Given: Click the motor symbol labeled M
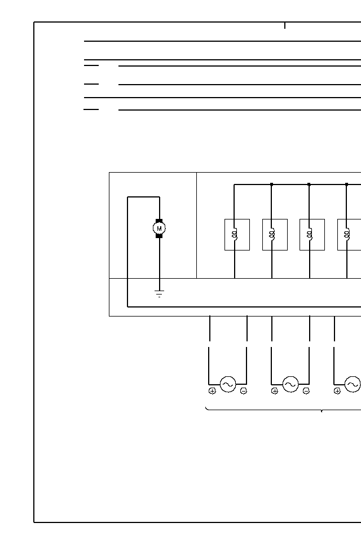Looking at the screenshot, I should click(x=159, y=228).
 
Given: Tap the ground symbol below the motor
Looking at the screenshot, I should click(x=159, y=293).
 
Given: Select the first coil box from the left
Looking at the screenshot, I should click(x=237, y=234).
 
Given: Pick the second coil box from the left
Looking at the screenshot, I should click(x=275, y=234).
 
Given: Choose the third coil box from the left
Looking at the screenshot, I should click(x=312, y=234).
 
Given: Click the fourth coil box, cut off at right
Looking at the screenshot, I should click(x=349, y=234).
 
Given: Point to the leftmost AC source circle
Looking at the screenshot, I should click(x=228, y=384).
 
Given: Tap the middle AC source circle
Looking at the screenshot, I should click(x=290, y=384).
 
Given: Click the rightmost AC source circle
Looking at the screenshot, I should click(x=353, y=384).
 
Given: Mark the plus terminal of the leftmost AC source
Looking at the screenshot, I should click(x=212, y=391).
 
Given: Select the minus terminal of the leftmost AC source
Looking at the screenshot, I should click(x=243, y=391).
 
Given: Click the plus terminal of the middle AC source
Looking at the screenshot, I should click(x=275, y=391).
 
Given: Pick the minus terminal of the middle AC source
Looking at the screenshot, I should click(x=306, y=391).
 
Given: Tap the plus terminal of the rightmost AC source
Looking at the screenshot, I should click(x=337, y=391).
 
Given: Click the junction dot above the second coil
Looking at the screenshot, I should click(x=271, y=184).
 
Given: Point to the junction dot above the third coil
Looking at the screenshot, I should click(x=309, y=184).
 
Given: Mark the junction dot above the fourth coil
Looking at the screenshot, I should click(x=346, y=184).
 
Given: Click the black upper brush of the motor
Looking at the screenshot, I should click(x=159, y=221).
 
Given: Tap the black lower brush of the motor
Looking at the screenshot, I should click(x=159, y=236).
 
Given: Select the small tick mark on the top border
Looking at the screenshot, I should click(x=285, y=25).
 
